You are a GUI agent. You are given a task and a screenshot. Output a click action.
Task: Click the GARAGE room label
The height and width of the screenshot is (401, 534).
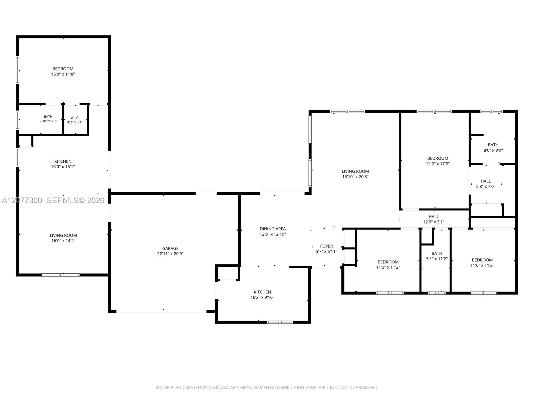coord(170,248)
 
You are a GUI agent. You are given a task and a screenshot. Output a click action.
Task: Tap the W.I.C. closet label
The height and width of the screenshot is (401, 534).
coord(75,118)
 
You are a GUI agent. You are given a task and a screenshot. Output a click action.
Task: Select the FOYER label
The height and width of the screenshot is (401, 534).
coord(326,246)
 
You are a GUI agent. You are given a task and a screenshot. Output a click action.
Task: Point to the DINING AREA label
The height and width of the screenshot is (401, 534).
coord(272,229)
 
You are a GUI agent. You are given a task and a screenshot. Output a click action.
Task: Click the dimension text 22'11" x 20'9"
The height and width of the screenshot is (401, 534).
coord(170,254)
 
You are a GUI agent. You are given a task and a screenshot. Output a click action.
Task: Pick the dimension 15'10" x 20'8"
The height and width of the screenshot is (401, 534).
coord(355,177)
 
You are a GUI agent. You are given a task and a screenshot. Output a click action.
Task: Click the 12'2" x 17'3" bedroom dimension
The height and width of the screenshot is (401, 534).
coord(438,164)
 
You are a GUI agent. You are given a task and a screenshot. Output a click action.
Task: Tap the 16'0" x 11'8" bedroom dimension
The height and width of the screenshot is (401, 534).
coord(63,74)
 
